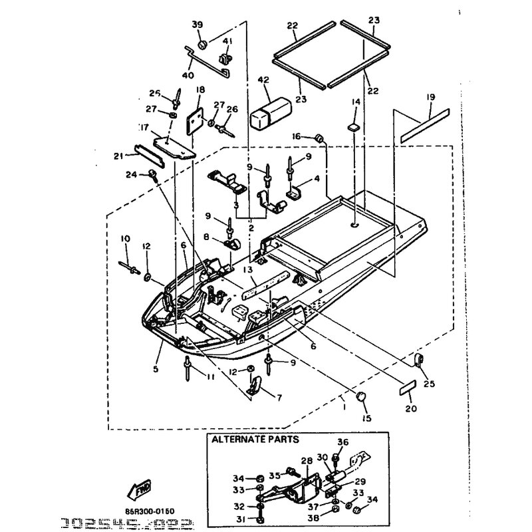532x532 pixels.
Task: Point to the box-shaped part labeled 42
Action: pos(271,111)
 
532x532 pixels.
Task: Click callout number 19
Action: pos(430,97)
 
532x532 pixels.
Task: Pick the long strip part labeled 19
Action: pos(426,124)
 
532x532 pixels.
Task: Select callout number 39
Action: pos(197,25)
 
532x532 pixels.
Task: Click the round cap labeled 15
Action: pos(363,398)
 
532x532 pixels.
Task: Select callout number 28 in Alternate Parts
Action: pos(307,460)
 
